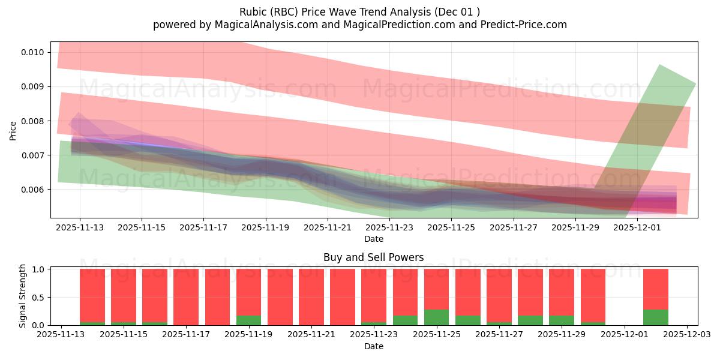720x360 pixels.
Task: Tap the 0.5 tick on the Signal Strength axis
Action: pyautogui.click(x=38, y=298)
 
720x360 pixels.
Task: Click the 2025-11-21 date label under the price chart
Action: pyautogui.click(x=328, y=228)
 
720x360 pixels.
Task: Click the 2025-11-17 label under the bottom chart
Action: pyautogui.click(x=186, y=335)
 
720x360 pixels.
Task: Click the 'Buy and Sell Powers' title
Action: pyautogui.click(x=373, y=257)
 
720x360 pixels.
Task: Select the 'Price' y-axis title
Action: pyautogui.click(x=13, y=130)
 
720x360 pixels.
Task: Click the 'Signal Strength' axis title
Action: pyautogui.click(x=23, y=296)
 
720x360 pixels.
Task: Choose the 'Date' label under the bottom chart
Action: pyautogui.click(x=373, y=346)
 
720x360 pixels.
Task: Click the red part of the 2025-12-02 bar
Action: pyautogui.click(x=655, y=289)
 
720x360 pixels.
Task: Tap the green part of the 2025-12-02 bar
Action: pyautogui.click(x=655, y=317)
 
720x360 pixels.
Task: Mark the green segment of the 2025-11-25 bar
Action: pyautogui.click(x=436, y=317)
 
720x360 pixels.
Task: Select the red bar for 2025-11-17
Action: pyautogui.click(x=186, y=297)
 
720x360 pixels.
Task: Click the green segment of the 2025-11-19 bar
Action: pyautogui.click(x=248, y=320)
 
